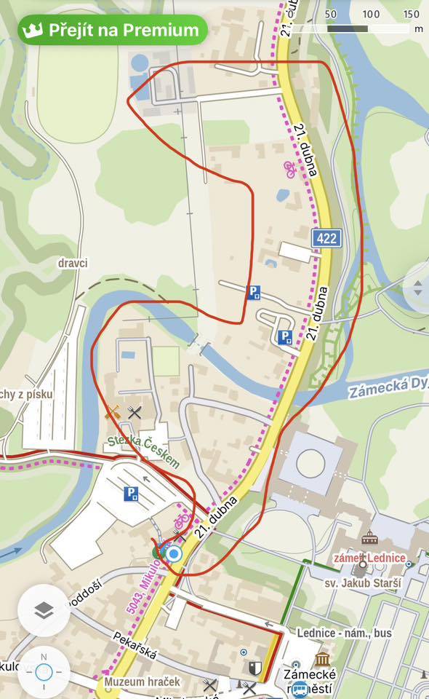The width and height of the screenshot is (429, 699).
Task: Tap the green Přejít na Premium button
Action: tap(113, 30)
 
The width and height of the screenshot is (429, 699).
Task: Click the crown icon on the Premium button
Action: tap(33, 31)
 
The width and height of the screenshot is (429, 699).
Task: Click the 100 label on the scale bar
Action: tap(371, 14)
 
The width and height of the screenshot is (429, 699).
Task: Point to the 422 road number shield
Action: tap(326, 238)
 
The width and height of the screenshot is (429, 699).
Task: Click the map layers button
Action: tap(44, 610)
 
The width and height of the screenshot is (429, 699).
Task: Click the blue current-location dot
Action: tap(173, 554)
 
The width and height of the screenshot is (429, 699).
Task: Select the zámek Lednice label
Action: tap(369, 557)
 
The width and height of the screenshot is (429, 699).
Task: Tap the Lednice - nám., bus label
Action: tap(344, 633)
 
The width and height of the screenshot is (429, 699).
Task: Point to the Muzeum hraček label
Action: tap(141, 682)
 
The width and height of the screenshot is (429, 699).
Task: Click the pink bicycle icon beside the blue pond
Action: tap(290, 169)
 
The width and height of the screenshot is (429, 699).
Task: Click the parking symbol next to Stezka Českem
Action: tap(131, 494)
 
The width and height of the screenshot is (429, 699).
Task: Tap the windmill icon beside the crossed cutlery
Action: tap(113, 413)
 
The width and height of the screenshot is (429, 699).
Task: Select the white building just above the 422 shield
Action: tap(299, 251)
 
